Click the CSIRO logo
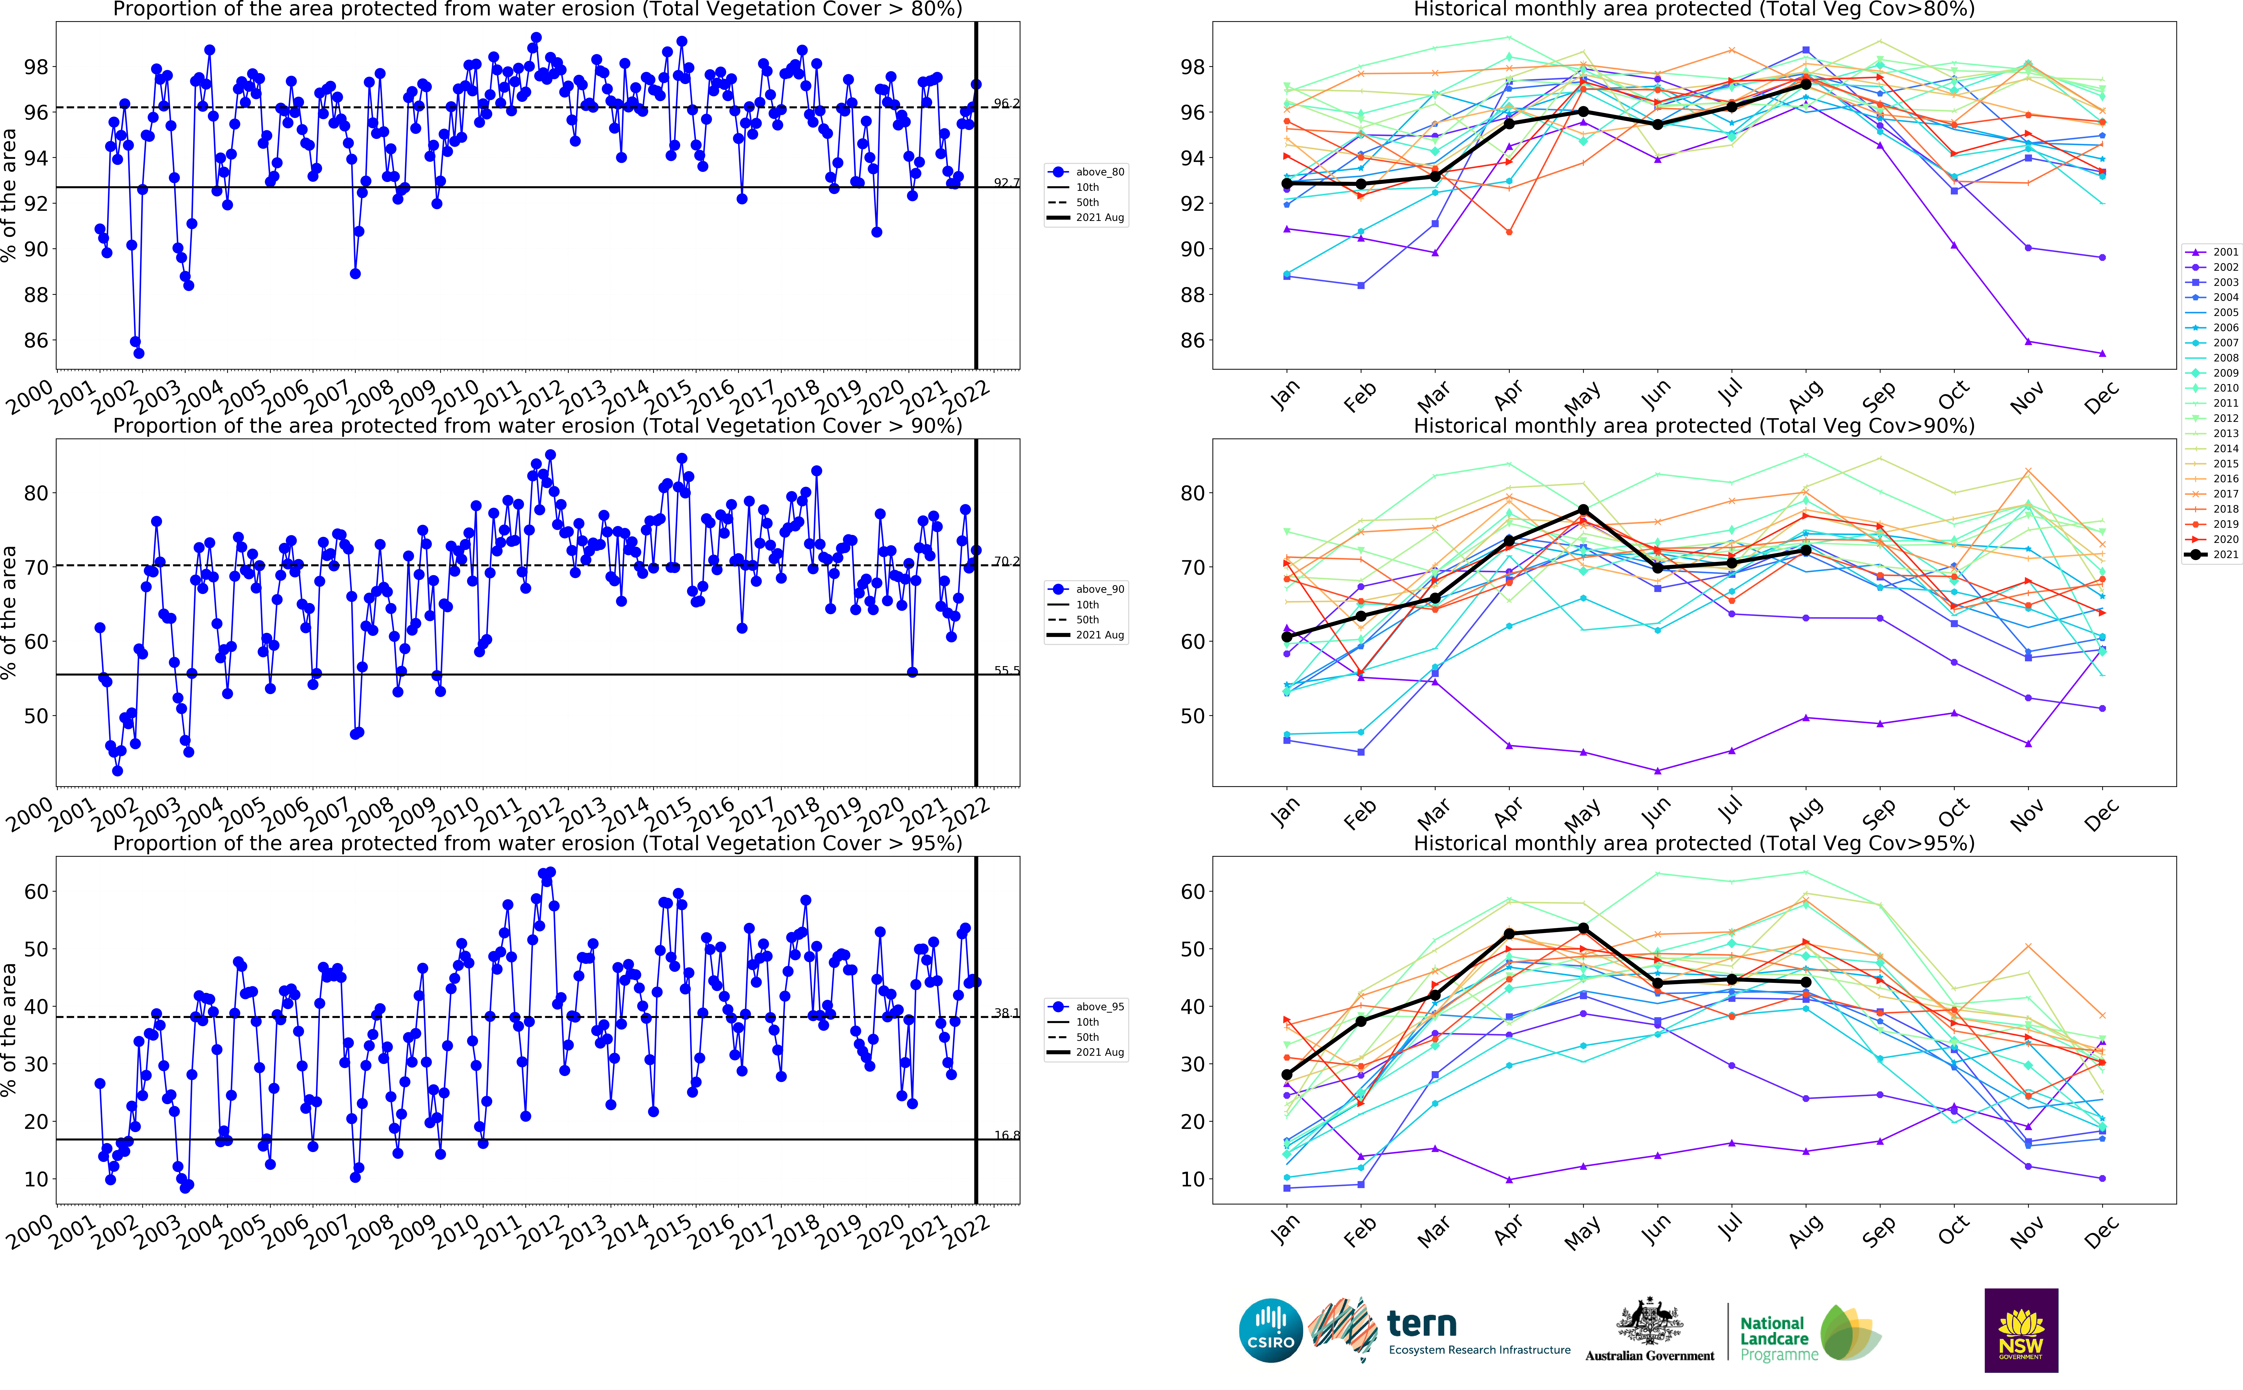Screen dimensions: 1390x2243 pos(1270,1330)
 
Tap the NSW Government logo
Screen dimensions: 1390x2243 pos(2021,1330)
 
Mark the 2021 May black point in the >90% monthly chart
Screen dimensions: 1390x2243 pos(1583,509)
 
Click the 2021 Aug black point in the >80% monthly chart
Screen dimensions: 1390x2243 pos(1805,84)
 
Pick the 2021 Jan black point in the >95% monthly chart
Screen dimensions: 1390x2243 pos(1286,1075)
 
